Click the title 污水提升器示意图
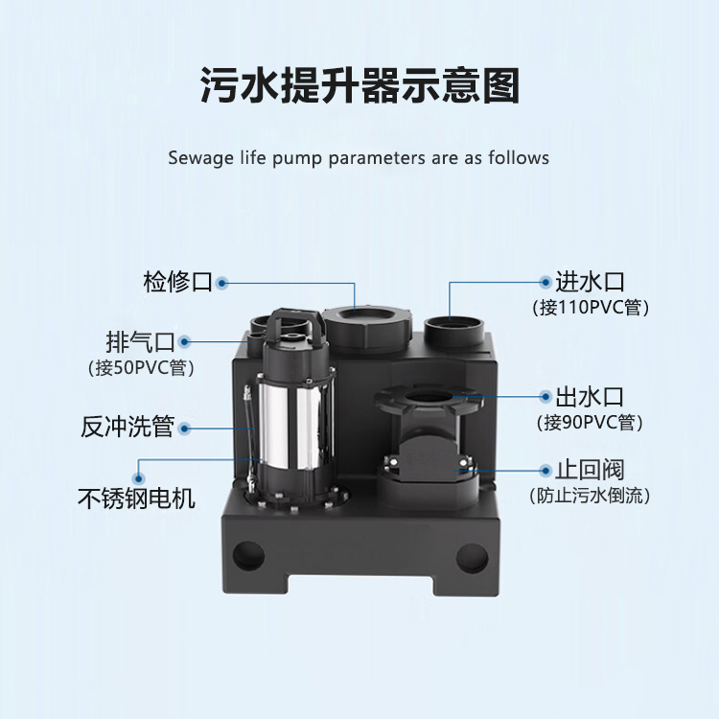point(359,85)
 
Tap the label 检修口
point(177,282)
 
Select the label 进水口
point(590,282)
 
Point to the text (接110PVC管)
point(591,307)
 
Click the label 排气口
point(140,341)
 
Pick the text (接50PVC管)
point(141,368)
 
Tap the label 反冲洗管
point(128,427)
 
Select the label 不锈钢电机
point(136,499)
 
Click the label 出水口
point(590,397)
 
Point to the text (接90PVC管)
point(590,423)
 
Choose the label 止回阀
point(590,470)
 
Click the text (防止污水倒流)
point(590,496)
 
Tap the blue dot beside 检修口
point(222,283)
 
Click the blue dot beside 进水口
point(545,282)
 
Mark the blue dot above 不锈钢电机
point(138,478)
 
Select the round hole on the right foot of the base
point(473,558)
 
